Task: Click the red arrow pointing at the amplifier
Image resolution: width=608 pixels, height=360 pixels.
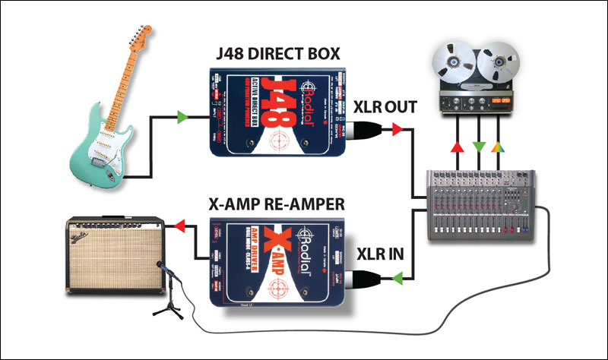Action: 179,224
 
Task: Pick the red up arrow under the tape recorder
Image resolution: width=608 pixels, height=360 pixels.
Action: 454,145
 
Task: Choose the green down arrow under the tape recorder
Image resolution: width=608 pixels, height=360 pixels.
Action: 476,145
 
